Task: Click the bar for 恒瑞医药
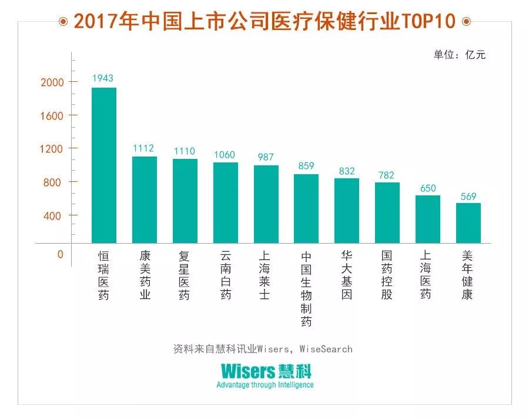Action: (x=104, y=165)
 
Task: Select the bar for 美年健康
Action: (x=468, y=223)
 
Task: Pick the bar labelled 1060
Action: (x=225, y=202)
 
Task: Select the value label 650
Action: (x=427, y=188)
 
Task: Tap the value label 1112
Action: (x=143, y=148)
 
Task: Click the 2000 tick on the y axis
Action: (x=51, y=82)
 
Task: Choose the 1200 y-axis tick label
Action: (x=51, y=149)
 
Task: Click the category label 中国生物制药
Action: (x=306, y=289)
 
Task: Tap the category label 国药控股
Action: (x=387, y=275)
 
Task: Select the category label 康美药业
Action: (x=145, y=275)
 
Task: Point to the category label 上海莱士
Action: (x=265, y=275)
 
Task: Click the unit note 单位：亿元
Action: (x=460, y=55)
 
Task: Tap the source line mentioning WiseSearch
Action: (x=263, y=348)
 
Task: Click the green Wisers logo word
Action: (x=248, y=371)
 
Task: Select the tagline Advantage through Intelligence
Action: (x=265, y=385)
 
